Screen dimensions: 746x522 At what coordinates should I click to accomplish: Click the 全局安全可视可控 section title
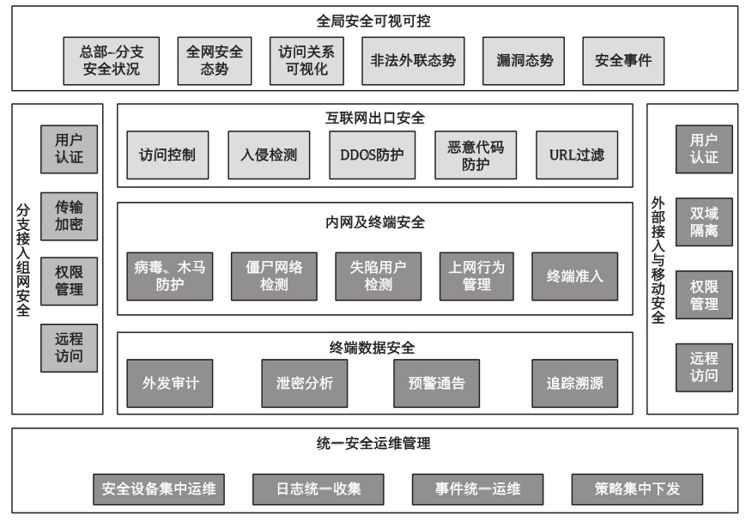[x=373, y=21]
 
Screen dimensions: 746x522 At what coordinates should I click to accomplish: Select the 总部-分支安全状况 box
[x=112, y=61]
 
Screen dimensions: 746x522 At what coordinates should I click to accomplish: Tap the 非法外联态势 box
[x=413, y=61]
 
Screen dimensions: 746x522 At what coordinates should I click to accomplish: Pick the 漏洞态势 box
[x=524, y=61]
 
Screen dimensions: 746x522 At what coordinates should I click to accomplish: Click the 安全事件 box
[x=623, y=61]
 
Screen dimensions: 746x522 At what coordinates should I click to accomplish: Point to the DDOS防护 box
[x=372, y=155]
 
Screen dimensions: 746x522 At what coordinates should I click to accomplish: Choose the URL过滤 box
[x=577, y=155]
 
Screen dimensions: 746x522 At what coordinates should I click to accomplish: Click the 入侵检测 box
[x=269, y=155]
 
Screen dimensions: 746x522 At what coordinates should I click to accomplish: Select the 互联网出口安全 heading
[x=375, y=118]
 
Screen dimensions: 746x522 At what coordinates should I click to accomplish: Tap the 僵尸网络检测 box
[x=274, y=276]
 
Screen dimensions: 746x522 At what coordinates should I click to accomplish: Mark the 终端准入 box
[x=574, y=276]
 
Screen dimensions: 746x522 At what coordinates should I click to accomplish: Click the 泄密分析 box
[x=305, y=384]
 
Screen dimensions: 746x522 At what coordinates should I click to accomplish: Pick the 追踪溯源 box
[x=574, y=384]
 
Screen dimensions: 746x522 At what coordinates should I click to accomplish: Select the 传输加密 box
[x=69, y=216]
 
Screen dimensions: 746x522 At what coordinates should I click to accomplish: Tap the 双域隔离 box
[x=704, y=222]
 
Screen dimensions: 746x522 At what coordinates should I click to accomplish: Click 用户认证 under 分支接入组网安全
[x=69, y=149]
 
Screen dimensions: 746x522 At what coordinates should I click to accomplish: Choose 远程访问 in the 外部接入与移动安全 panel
[x=704, y=367]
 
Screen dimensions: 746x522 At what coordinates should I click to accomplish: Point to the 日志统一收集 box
[x=318, y=489]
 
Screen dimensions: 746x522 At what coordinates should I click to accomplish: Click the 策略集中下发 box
[x=637, y=489]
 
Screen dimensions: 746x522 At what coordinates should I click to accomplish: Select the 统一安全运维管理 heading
[x=373, y=444]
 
